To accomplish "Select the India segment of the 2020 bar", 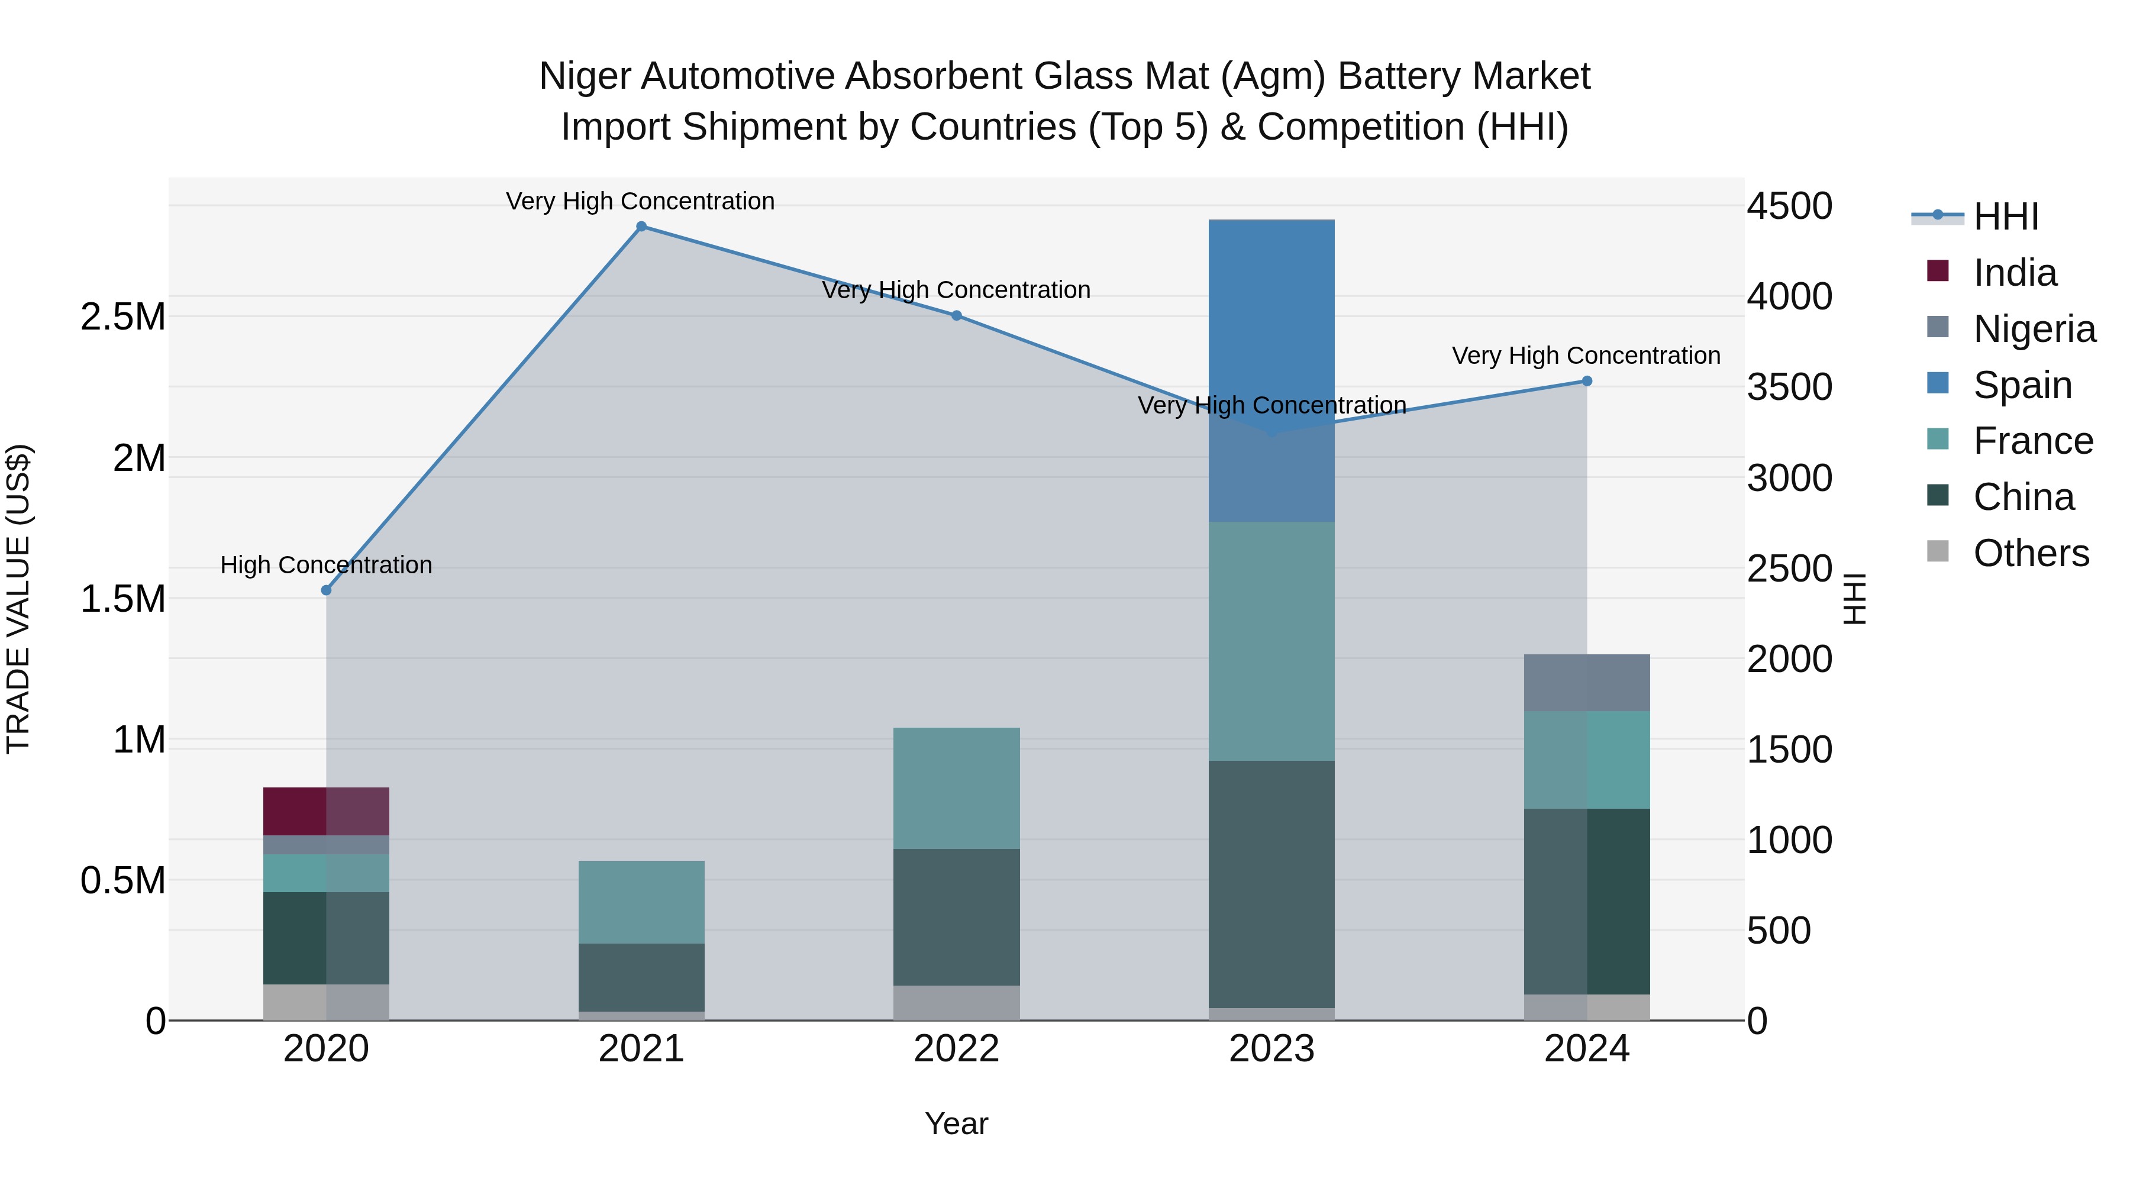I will [x=326, y=811].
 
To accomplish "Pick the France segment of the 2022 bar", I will [x=956, y=788].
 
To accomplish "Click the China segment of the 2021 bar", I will [x=641, y=977].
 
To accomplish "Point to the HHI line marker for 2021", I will [x=641, y=227].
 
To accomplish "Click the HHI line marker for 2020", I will [x=326, y=590].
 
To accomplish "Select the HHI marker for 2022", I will [x=956, y=315].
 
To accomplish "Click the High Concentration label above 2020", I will [x=326, y=566].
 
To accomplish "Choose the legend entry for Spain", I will [x=2022, y=385].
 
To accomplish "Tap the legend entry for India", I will [x=2014, y=273].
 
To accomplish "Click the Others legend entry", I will [x=2031, y=553].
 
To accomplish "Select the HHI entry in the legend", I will [x=2005, y=217].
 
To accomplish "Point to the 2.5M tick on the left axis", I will [x=123, y=317].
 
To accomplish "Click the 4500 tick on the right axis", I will [x=1789, y=206].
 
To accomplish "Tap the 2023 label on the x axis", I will [x=1271, y=1049].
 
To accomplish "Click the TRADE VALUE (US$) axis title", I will [x=18, y=599].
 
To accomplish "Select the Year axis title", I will [x=956, y=1123].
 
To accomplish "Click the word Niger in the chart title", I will [x=585, y=76].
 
